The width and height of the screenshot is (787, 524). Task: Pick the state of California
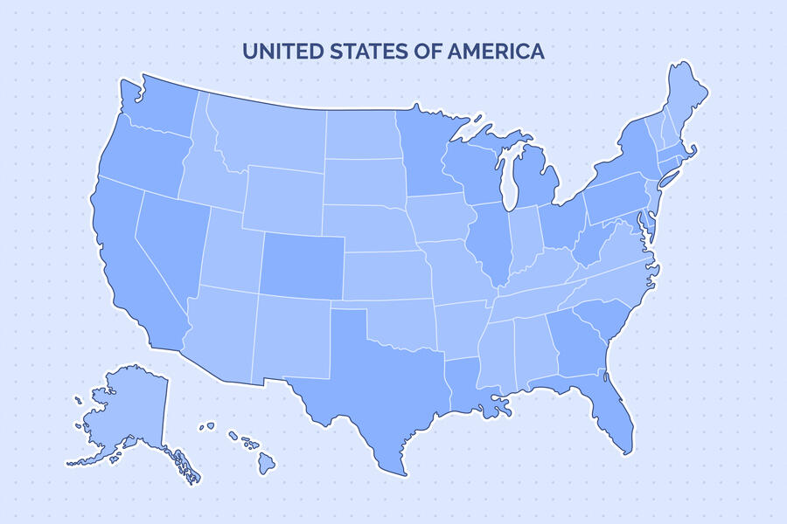131,262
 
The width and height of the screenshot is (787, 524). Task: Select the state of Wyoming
284,196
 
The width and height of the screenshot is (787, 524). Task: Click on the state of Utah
232,249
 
